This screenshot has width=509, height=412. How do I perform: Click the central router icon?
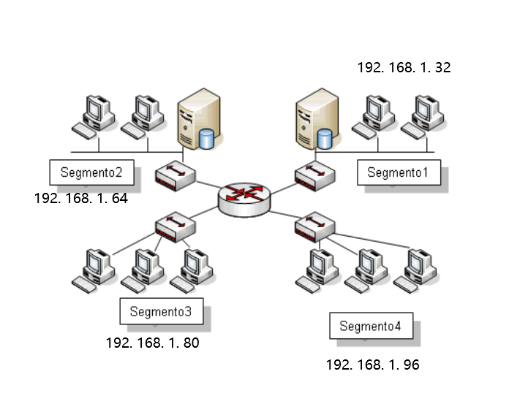[244, 197]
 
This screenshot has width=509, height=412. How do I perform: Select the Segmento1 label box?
[399, 172]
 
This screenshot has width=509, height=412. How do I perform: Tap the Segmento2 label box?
[91, 173]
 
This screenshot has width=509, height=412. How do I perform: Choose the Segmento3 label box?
[160, 311]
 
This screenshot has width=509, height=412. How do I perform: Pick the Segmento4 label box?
[370, 326]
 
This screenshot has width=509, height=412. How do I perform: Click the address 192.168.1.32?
[404, 68]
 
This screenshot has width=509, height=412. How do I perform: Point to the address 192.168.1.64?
[80, 198]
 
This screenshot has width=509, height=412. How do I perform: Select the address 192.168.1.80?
[152, 343]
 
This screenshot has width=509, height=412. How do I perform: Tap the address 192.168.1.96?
[372, 365]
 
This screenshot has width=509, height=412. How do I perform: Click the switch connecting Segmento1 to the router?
[315, 176]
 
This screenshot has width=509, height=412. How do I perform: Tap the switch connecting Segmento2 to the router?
[176, 176]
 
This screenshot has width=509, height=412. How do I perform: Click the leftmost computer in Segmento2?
[93, 115]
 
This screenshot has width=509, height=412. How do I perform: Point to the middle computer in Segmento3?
[142, 270]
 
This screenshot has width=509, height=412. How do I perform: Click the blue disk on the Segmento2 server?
[207, 137]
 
